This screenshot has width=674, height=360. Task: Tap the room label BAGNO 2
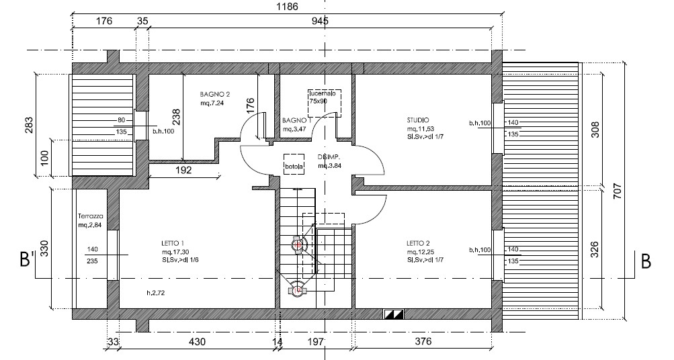coord(216,94)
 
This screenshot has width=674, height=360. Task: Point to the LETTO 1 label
coord(173,242)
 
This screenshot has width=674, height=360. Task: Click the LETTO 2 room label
coord(418,242)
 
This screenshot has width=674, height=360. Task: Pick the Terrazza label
coord(90,216)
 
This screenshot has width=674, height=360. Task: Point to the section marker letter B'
coord(28,261)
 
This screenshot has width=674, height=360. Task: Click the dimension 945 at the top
coord(319,21)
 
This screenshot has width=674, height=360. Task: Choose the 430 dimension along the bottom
coord(196,343)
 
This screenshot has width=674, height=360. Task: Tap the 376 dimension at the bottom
coord(422,343)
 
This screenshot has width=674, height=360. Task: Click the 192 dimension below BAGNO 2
coord(184,171)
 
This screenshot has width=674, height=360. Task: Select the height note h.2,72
coord(157,294)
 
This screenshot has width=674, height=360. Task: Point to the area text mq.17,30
coord(174,251)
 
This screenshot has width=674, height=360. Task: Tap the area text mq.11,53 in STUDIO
coord(420,128)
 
